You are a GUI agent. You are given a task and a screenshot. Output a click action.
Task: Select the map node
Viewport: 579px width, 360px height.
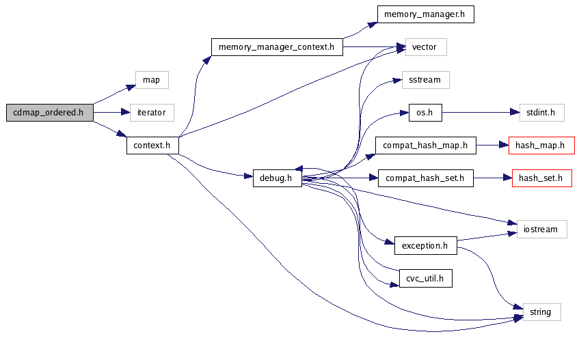[x=151, y=80]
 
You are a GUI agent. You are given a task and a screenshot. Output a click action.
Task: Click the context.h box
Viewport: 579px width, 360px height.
[x=152, y=146]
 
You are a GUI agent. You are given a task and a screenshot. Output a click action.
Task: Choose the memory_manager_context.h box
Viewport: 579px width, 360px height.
[x=276, y=47]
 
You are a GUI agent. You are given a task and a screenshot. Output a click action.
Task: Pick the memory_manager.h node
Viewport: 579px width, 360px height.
[x=425, y=14]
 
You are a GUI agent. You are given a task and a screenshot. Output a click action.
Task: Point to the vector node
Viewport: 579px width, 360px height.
[x=425, y=47]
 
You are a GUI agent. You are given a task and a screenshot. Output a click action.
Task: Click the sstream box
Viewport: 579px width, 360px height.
[x=425, y=80]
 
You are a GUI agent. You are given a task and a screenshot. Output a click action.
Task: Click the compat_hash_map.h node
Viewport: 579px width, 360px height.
[x=425, y=146]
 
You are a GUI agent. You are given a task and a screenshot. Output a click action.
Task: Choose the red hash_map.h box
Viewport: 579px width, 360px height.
[x=541, y=146]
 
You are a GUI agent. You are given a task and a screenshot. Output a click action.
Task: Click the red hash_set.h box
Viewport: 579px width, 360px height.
[x=541, y=178]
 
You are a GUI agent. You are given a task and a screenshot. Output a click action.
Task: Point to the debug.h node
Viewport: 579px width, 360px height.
[x=277, y=178]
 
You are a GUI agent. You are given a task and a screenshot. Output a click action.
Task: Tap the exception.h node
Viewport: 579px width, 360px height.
[x=425, y=245]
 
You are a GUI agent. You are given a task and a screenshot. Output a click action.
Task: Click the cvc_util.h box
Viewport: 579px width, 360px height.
[x=425, y=278]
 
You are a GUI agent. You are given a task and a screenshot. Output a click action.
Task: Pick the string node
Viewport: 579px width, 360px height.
[x=541, y=312]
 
